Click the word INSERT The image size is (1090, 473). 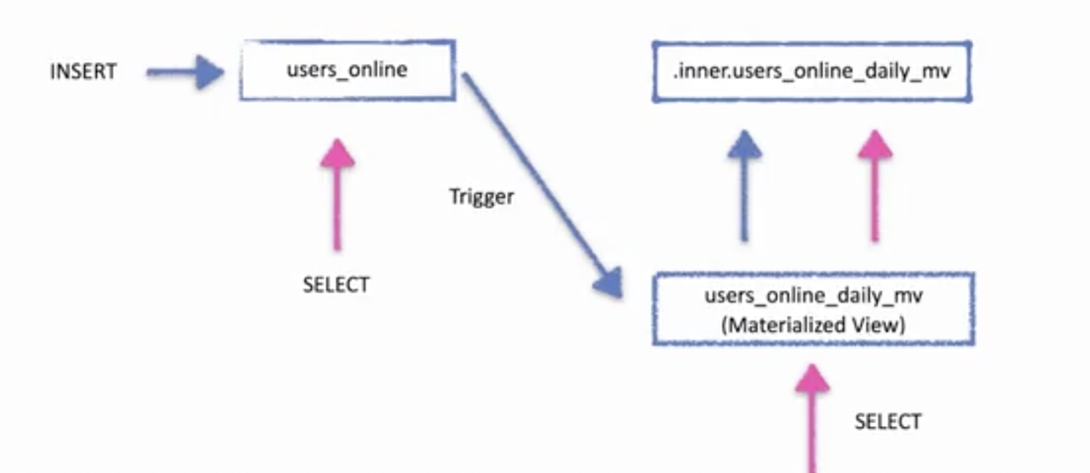pos(83,72)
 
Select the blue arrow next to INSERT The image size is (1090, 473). pos(185,72)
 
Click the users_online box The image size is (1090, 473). pos(348,70)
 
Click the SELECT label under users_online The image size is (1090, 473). pos(337,285)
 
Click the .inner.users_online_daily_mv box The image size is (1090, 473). pos(811,71)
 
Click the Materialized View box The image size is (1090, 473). pos(814,308)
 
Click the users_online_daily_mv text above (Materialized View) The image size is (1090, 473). pos(814,296)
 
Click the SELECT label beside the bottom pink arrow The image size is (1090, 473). pos(887,421)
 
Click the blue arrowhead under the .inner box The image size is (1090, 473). pos(745,146)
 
